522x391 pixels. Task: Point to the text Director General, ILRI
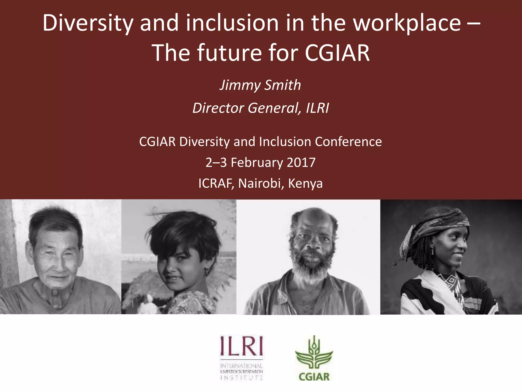pos(260,108)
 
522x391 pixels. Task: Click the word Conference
pos(348,142)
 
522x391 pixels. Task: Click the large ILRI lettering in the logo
pos(241,346)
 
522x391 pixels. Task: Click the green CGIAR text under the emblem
pos(314,376)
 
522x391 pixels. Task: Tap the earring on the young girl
pos(206,272)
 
